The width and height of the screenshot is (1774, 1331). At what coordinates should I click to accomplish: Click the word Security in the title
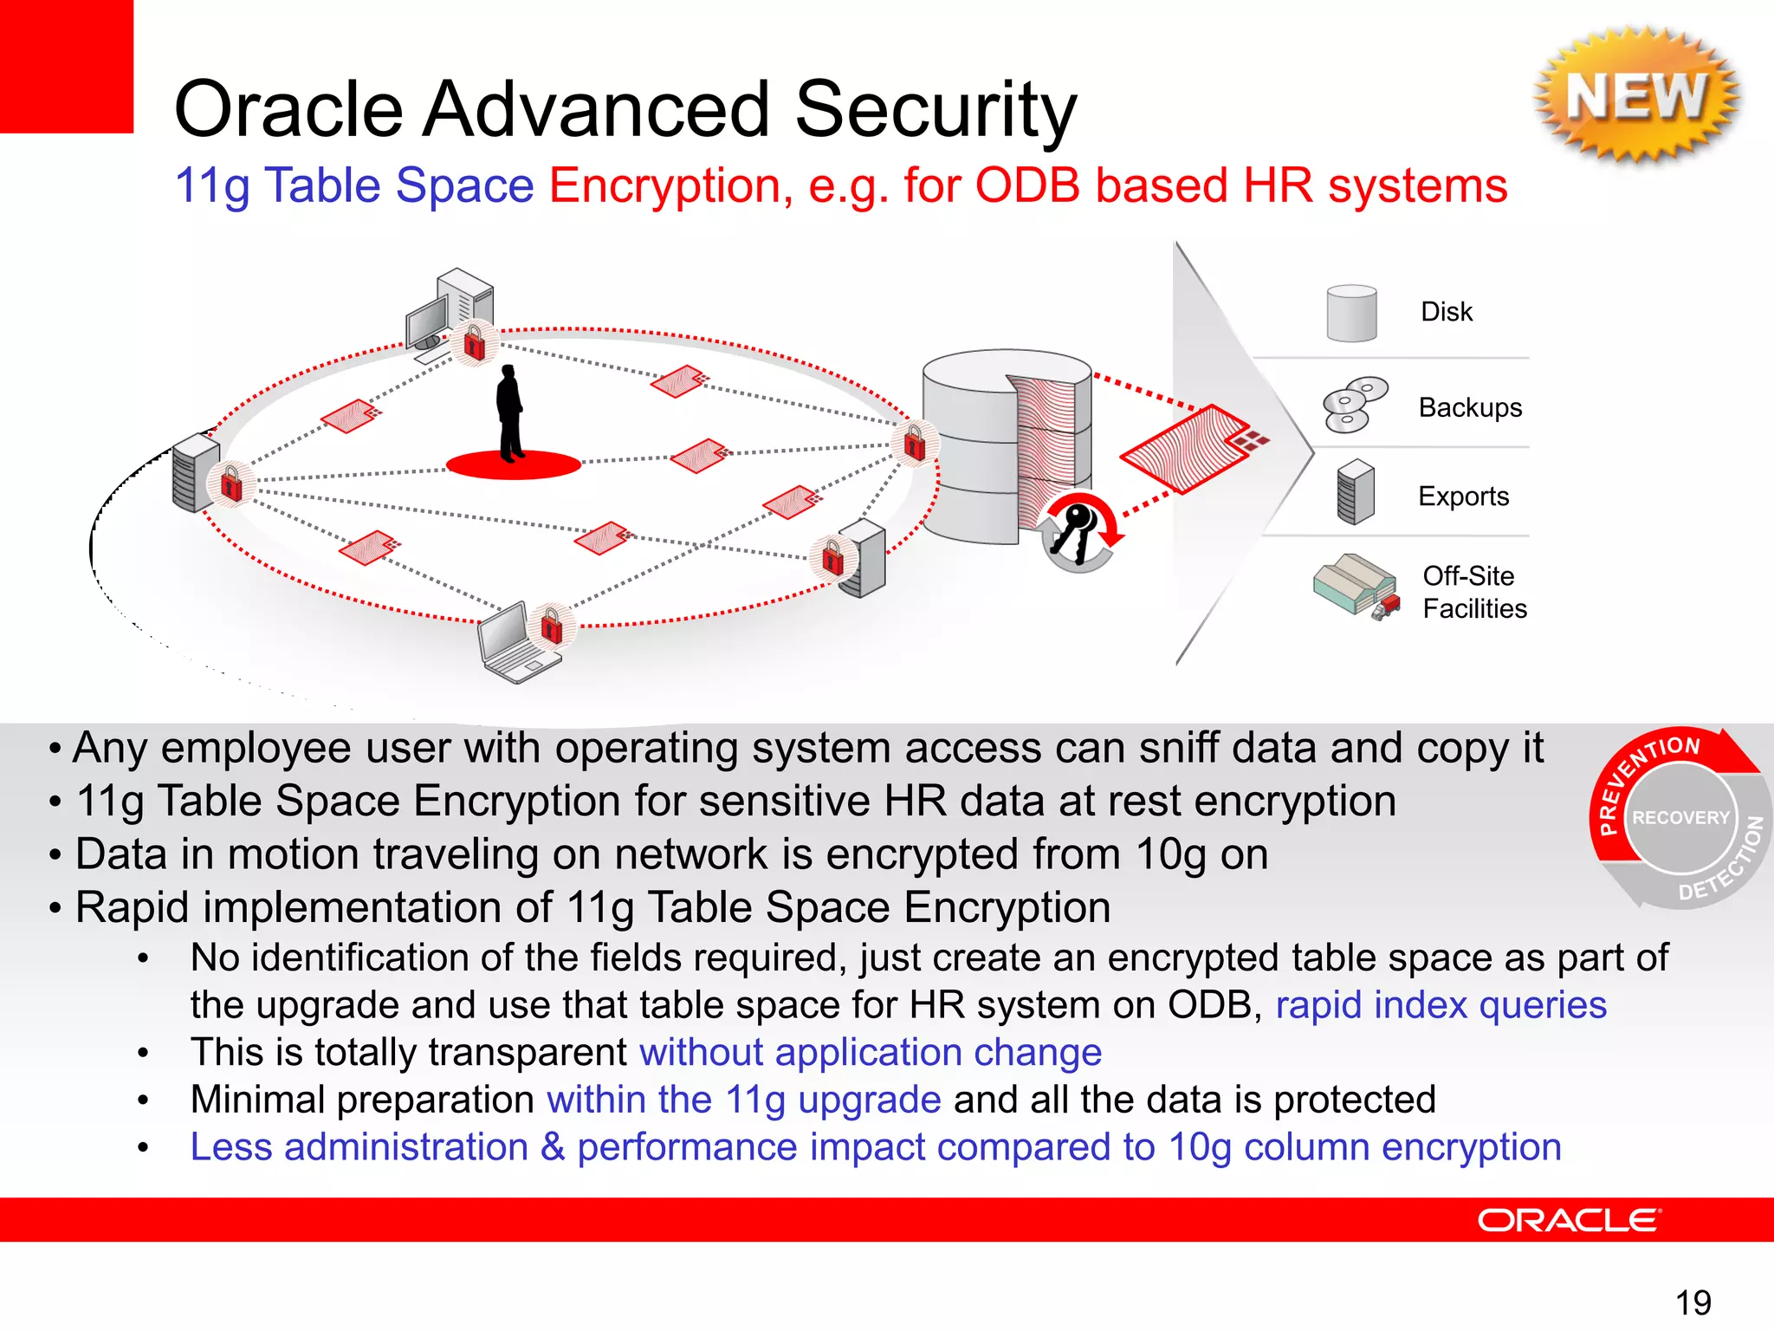[x=936, y=109]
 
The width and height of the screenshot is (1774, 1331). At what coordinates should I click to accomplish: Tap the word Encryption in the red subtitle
[x=670, y=185]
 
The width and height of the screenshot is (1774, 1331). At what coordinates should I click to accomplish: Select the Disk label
[x=1446, y=311]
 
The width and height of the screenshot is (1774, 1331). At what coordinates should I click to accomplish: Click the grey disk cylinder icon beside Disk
[x=1351, y=313]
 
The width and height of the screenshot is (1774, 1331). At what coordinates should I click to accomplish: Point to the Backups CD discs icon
[x=1353, y=405]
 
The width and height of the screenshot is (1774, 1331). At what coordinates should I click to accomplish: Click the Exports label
[x=1463, y=496]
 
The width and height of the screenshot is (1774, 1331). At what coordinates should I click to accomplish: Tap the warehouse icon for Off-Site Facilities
[x=1355, y=586]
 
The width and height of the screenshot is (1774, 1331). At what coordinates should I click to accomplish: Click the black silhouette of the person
[x=510, y=412]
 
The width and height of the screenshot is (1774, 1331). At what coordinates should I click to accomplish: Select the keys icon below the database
[x=1078, y=531]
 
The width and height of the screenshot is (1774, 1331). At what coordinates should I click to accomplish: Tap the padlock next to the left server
[x=231, y=484]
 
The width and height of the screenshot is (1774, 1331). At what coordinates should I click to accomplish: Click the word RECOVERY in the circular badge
[x=1680, y=817]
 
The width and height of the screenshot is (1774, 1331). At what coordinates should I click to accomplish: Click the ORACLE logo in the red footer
[x=1568, y=1220]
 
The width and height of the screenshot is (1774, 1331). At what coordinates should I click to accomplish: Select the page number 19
[x=1693, y=1302]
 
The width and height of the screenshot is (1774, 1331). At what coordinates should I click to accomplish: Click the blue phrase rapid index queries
[x=1441, y=1005]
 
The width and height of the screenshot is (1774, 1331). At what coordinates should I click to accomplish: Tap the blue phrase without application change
[x=870, y=1052]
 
